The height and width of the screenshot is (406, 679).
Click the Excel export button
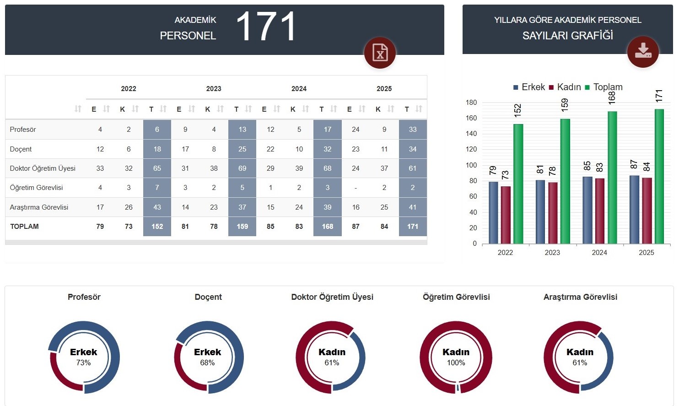tap(380, 53)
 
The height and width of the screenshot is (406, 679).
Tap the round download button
tap(643, 51)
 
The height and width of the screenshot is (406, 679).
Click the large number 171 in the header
tap(266, 27)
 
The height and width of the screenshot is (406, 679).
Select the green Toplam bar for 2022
tap(518, 183)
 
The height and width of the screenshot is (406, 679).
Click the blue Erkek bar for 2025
tap(634, 210)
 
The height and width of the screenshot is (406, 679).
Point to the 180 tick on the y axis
tap(471, 103)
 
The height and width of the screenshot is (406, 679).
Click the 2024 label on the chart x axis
tap(599, 253)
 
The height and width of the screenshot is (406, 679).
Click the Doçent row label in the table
tap(21, 149)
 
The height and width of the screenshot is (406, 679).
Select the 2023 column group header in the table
tap(214, 89)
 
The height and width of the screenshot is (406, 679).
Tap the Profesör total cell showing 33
tap(413, 130)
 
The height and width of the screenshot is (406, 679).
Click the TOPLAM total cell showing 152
tap(157, 227)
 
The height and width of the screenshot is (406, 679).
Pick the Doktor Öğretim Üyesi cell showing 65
tap(157, 168)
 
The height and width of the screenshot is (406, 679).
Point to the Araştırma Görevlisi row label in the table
tap(39, 207)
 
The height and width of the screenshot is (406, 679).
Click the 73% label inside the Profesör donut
tap(83, 363)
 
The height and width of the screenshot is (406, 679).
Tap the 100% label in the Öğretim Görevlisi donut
tap(456, 363)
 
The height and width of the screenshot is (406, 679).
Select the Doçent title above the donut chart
tap(208, 297)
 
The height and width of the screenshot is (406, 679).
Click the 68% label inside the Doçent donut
tap(207, 363)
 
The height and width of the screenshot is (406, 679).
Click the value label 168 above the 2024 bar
tap(612, 97)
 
